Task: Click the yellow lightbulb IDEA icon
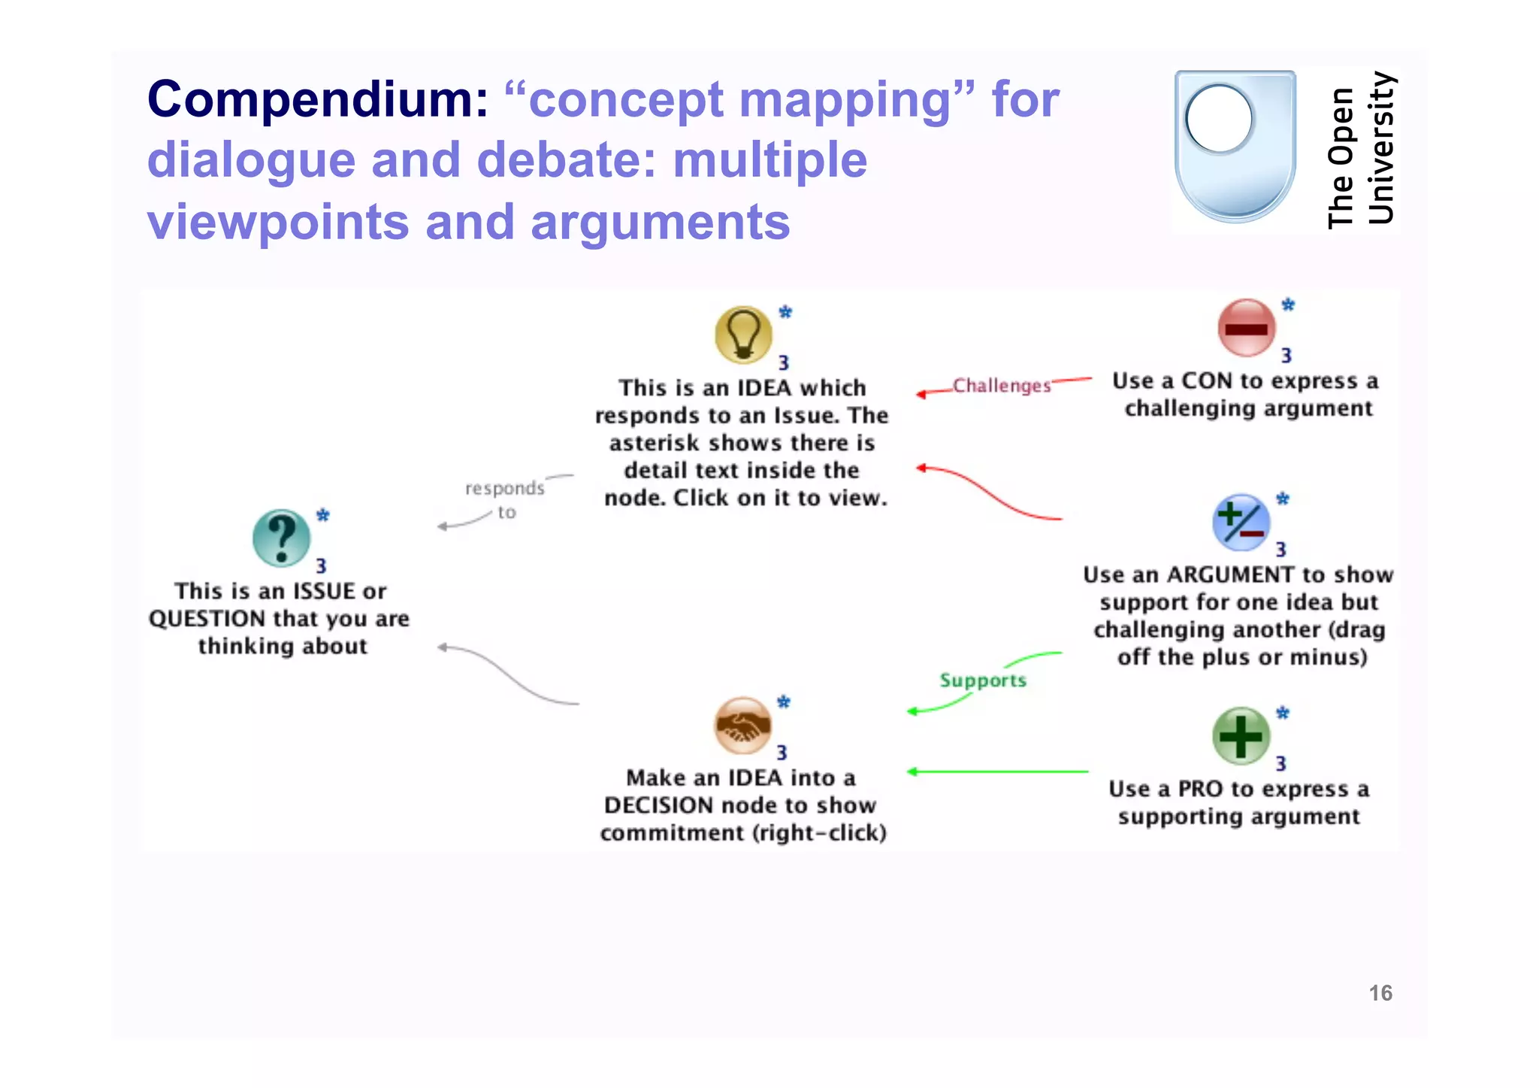click(742, 335)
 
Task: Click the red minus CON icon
click(1245, 328)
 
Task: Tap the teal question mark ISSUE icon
click(281, 538)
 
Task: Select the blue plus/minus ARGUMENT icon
click(1241, 523)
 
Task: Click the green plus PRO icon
click(1241, 736)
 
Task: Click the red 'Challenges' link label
click(1001, 386)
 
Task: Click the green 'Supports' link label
click(982, 680)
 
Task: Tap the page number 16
click(1380, 993)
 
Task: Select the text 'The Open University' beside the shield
click(1360, 150)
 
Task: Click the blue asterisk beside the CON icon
click(1288, 305)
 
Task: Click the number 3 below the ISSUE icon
click(321, 566)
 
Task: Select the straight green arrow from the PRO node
click(999, 771)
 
